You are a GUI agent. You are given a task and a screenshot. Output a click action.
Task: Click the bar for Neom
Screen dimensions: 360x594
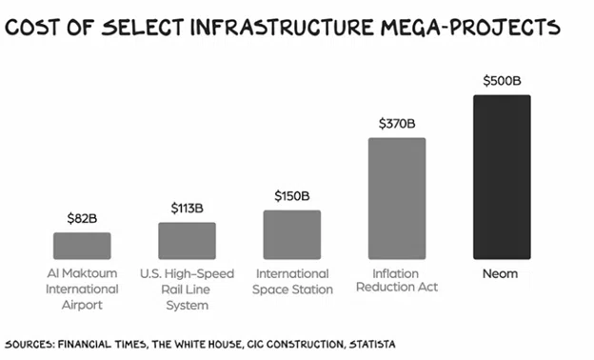point(502,177)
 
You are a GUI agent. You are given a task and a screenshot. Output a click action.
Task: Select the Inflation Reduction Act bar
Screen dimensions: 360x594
point(397,198)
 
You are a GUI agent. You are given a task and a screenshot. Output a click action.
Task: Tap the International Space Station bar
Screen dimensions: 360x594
point(292,234)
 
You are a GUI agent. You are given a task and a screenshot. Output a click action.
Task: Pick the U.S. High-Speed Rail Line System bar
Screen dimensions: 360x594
point(188,241)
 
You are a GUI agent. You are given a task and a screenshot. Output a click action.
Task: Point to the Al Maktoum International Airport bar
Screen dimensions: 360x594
point(82,246)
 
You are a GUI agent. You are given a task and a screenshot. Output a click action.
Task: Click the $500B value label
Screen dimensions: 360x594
point(502,80)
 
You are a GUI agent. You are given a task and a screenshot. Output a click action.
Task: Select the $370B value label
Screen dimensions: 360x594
point(397,123)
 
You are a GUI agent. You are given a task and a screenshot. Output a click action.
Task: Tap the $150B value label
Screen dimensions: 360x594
point(292,195)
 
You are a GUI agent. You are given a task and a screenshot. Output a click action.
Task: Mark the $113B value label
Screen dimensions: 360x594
point(188,208)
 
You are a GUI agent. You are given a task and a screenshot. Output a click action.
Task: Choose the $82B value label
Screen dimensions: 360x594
point(82,218)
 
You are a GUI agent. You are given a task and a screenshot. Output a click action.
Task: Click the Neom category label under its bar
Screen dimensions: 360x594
point(502,273)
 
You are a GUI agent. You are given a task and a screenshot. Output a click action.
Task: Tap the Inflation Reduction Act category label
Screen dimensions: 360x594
point(397,281)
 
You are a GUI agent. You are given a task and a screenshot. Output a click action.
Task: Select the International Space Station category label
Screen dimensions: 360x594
point(292,281)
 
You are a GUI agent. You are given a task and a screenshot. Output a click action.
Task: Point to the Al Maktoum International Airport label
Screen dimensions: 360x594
point(82,289)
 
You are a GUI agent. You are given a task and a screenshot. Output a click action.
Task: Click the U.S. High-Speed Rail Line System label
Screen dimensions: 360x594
point(188,289)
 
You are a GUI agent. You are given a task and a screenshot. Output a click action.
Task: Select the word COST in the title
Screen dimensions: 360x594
point(34,27)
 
